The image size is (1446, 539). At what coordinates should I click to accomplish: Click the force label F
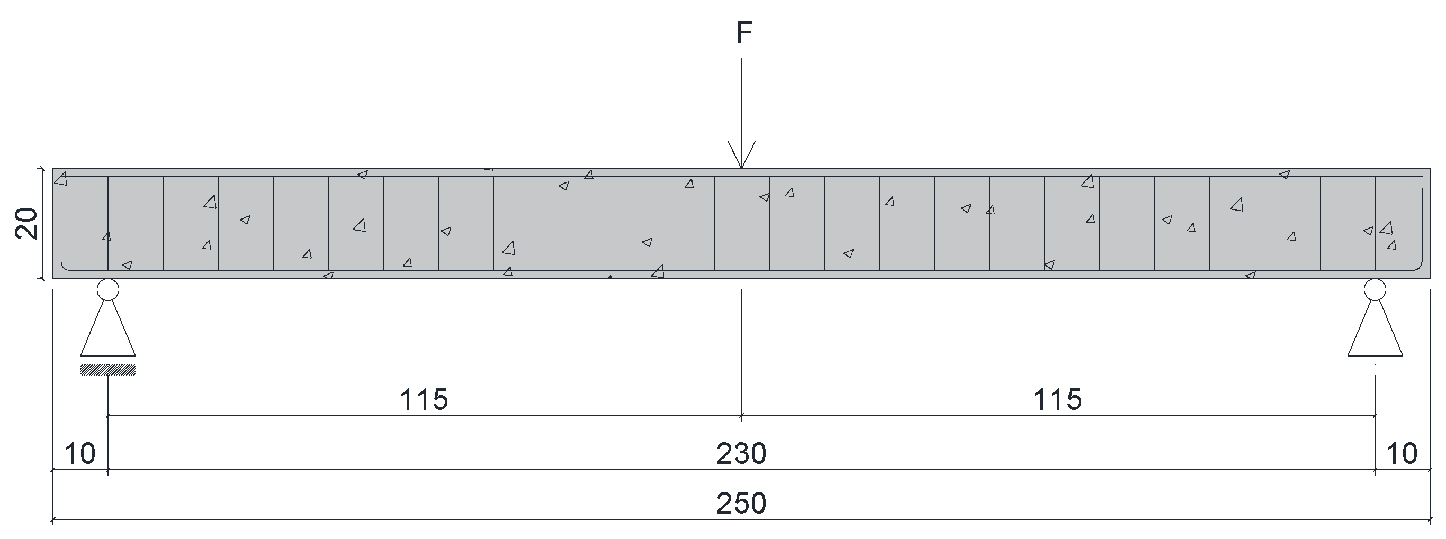[x=744, y=34]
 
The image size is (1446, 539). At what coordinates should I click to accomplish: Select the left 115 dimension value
[x=424, y=400]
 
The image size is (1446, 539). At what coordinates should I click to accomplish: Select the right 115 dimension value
[x=1057, y=400]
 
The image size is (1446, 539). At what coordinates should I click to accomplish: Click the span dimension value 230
[x=741, y=454]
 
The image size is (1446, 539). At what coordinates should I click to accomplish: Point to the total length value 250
[x=741, y=503]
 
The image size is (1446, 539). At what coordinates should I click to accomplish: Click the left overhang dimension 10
[x=80, y=454]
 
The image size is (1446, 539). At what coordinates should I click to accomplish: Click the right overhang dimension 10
[x=1402, y=454]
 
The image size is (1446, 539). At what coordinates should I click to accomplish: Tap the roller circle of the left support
[x=108, y=290]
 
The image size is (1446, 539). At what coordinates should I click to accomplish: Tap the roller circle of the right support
[x=1375, y=290]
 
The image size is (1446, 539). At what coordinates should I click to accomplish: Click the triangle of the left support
[x=108, y=334]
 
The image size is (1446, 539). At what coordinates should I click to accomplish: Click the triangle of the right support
[x=1375, y=334]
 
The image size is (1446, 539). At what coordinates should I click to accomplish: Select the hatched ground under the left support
[x=108, y=369]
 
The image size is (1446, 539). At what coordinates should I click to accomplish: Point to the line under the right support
[x=1375, y=364]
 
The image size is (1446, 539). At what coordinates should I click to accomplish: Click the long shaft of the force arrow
[x=741, y=101]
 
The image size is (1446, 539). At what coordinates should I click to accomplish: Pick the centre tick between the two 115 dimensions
[x=741, y=416]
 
